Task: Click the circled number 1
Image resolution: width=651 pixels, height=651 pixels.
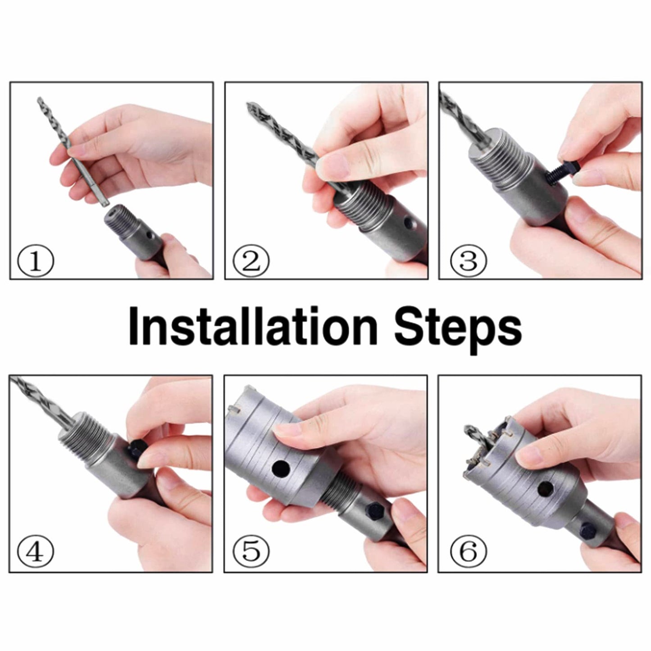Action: pyautogui.click(x=36, y=261)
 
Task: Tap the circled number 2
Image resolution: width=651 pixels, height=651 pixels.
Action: pyautogui.click(x=251, y=261)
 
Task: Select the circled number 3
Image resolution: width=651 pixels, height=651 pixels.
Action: pyautogui.click(x=469, y=261)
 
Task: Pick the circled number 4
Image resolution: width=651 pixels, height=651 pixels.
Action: pyautogui.click(x=36, y=551)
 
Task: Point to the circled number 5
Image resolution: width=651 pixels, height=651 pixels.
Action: pyautogui.click(x=251, y=551)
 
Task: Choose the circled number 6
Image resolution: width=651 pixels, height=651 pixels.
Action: pyautogui.click(x=469, y=551)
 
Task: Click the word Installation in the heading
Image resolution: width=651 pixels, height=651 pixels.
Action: pyautogui.click(x=253, y=325)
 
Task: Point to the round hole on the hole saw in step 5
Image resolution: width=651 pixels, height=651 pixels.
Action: pyautogui.click(x=281, y=469)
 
